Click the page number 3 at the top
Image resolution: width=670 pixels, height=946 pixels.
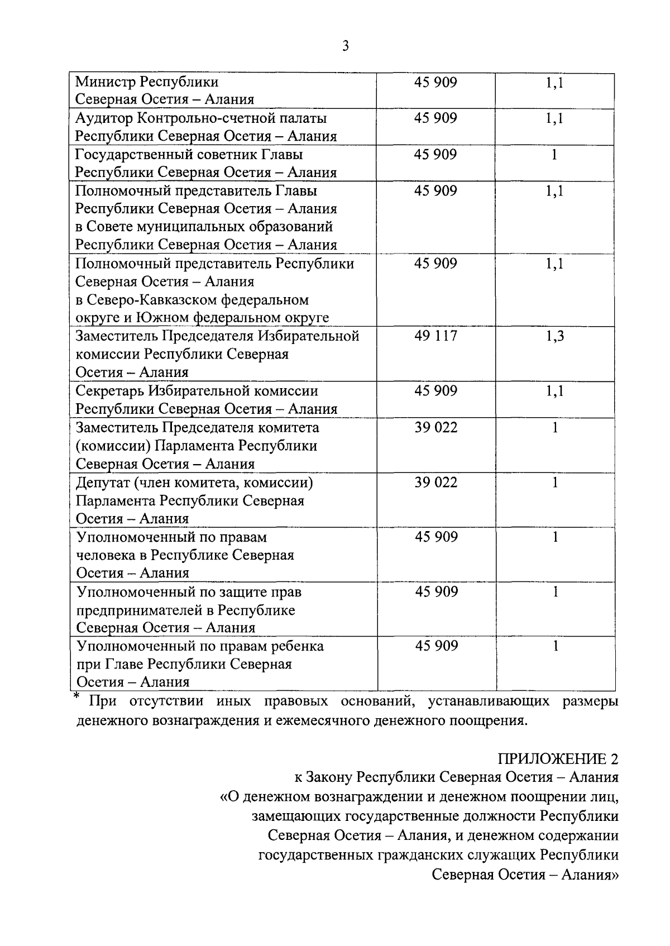click(x=345, y=46)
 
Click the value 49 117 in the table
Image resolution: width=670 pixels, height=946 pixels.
click(x=435, y=336)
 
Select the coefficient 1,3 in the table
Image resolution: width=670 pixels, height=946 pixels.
click(x=555, y=336)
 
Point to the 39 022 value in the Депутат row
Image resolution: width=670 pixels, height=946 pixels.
click(x=435, y=482)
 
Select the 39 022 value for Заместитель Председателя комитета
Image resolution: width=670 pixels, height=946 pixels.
click(x=435, y=428)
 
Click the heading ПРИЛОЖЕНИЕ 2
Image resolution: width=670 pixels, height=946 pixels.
click(x=558, y=758)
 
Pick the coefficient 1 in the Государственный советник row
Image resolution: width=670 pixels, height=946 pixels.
click(x=554, y=155)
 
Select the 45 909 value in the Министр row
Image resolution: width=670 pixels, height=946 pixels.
click(x=435, y=82)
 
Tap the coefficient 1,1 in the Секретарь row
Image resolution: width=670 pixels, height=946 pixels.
click(x=555, y=391)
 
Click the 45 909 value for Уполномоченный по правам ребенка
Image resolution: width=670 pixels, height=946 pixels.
click(x=436, y=646)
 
